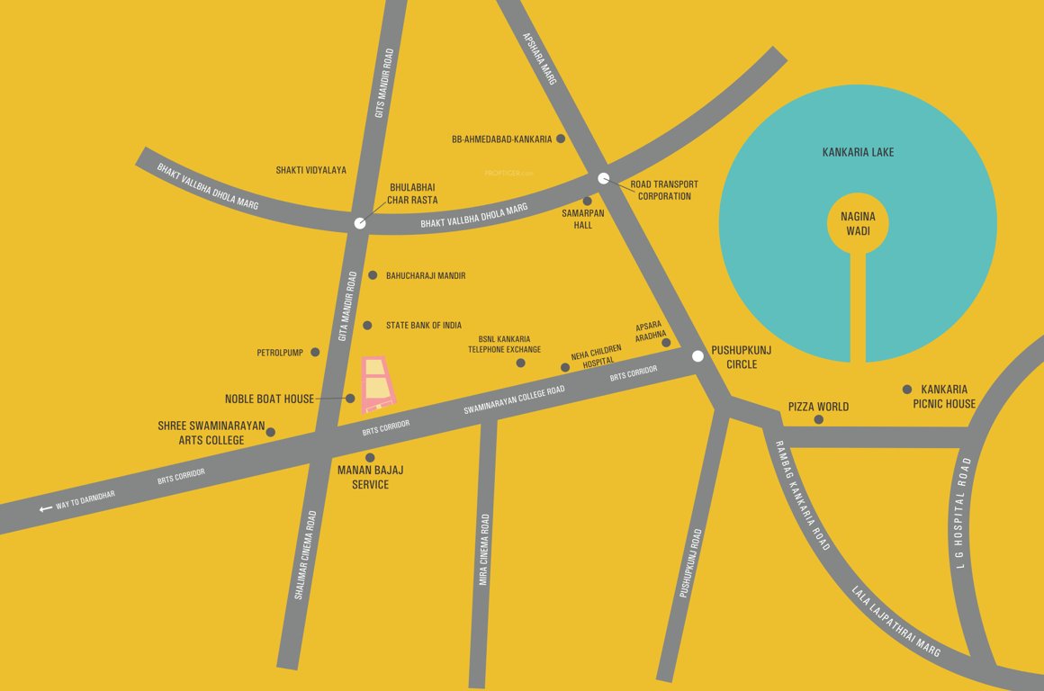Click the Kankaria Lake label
pos(858,152)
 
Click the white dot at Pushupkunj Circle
pos(697,356)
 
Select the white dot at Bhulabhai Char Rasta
pos(360,223)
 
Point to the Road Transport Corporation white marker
pos(604,178)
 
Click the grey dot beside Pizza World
pos(818,419)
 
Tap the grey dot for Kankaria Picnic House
pos(907,389)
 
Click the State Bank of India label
pos(423,326)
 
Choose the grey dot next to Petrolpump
pos(315,352)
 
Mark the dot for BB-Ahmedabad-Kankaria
pos(561,139)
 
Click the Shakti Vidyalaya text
pos(310,170)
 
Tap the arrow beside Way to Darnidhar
pos(46,508)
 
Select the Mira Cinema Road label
pos(484,549)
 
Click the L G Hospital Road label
pos(963,513)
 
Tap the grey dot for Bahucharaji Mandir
pos(373,274)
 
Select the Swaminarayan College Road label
pos(514,400)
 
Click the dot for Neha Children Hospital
pos(565,367)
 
